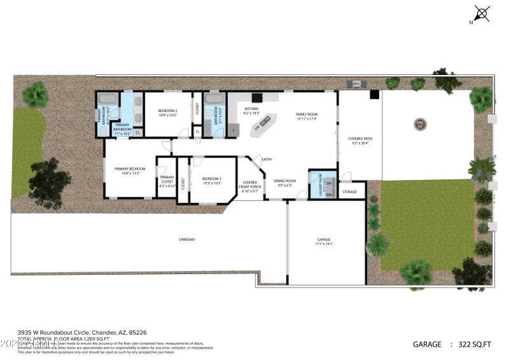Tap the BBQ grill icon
pos(356,83)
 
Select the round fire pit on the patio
pos(419,124)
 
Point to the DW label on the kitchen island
pos(258,128)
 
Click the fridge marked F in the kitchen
pos(233,131)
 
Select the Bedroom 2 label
pos(167,113)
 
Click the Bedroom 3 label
pos(211,181)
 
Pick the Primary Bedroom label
pos(130,170)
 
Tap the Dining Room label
pos(284,183)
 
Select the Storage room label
pos(349,191)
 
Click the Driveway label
pos(186,239)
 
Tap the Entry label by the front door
pos(267,160)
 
